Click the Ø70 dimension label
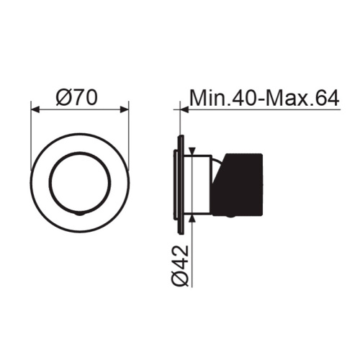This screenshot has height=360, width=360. coord(77,98)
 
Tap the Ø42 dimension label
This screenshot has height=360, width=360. coord(180,266)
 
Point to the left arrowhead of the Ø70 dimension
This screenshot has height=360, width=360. coord(35,110)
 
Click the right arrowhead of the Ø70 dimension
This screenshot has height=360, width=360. coord(125,110)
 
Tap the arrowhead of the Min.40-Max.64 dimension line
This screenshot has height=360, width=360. coord(184,110)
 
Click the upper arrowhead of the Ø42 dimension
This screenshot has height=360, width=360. coord(192,151)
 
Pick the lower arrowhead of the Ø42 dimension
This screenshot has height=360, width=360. coord(192,218)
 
